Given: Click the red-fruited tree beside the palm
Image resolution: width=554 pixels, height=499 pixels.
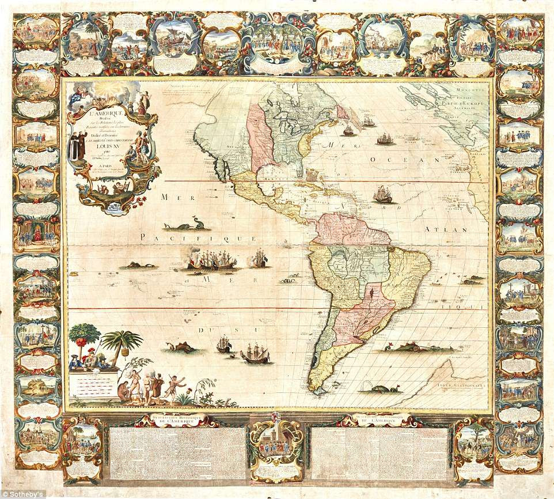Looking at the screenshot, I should click(x=84, y=337).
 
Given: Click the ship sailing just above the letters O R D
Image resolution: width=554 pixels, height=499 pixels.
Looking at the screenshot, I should click(x=382, y=195).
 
